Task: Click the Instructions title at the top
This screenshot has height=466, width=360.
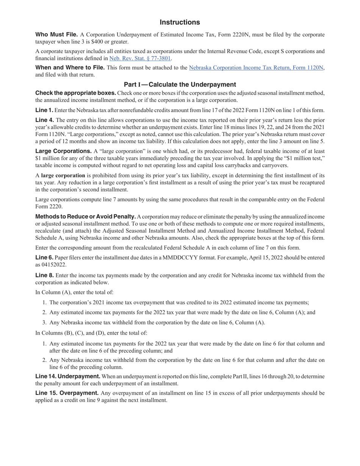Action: (x=180, y=22)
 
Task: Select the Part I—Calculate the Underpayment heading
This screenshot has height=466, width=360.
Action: (x=180, y=84)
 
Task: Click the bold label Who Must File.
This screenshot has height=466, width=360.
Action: (x=56, y=35)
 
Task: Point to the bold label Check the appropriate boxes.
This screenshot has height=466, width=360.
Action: (x=75, y=93)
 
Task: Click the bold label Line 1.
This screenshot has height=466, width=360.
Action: (x=44, y=110)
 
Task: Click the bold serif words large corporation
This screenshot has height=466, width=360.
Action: (x=63, y=175)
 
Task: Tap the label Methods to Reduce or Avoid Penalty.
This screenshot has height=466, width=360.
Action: (x=85, y=217)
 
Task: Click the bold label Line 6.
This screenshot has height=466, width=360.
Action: (x=44, y=258)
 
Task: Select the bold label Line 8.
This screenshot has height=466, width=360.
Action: (x=44, y=275)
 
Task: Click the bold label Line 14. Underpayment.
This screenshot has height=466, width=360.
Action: (x=67, y=377)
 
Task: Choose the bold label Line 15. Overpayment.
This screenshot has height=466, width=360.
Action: (x=67, y=393)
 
